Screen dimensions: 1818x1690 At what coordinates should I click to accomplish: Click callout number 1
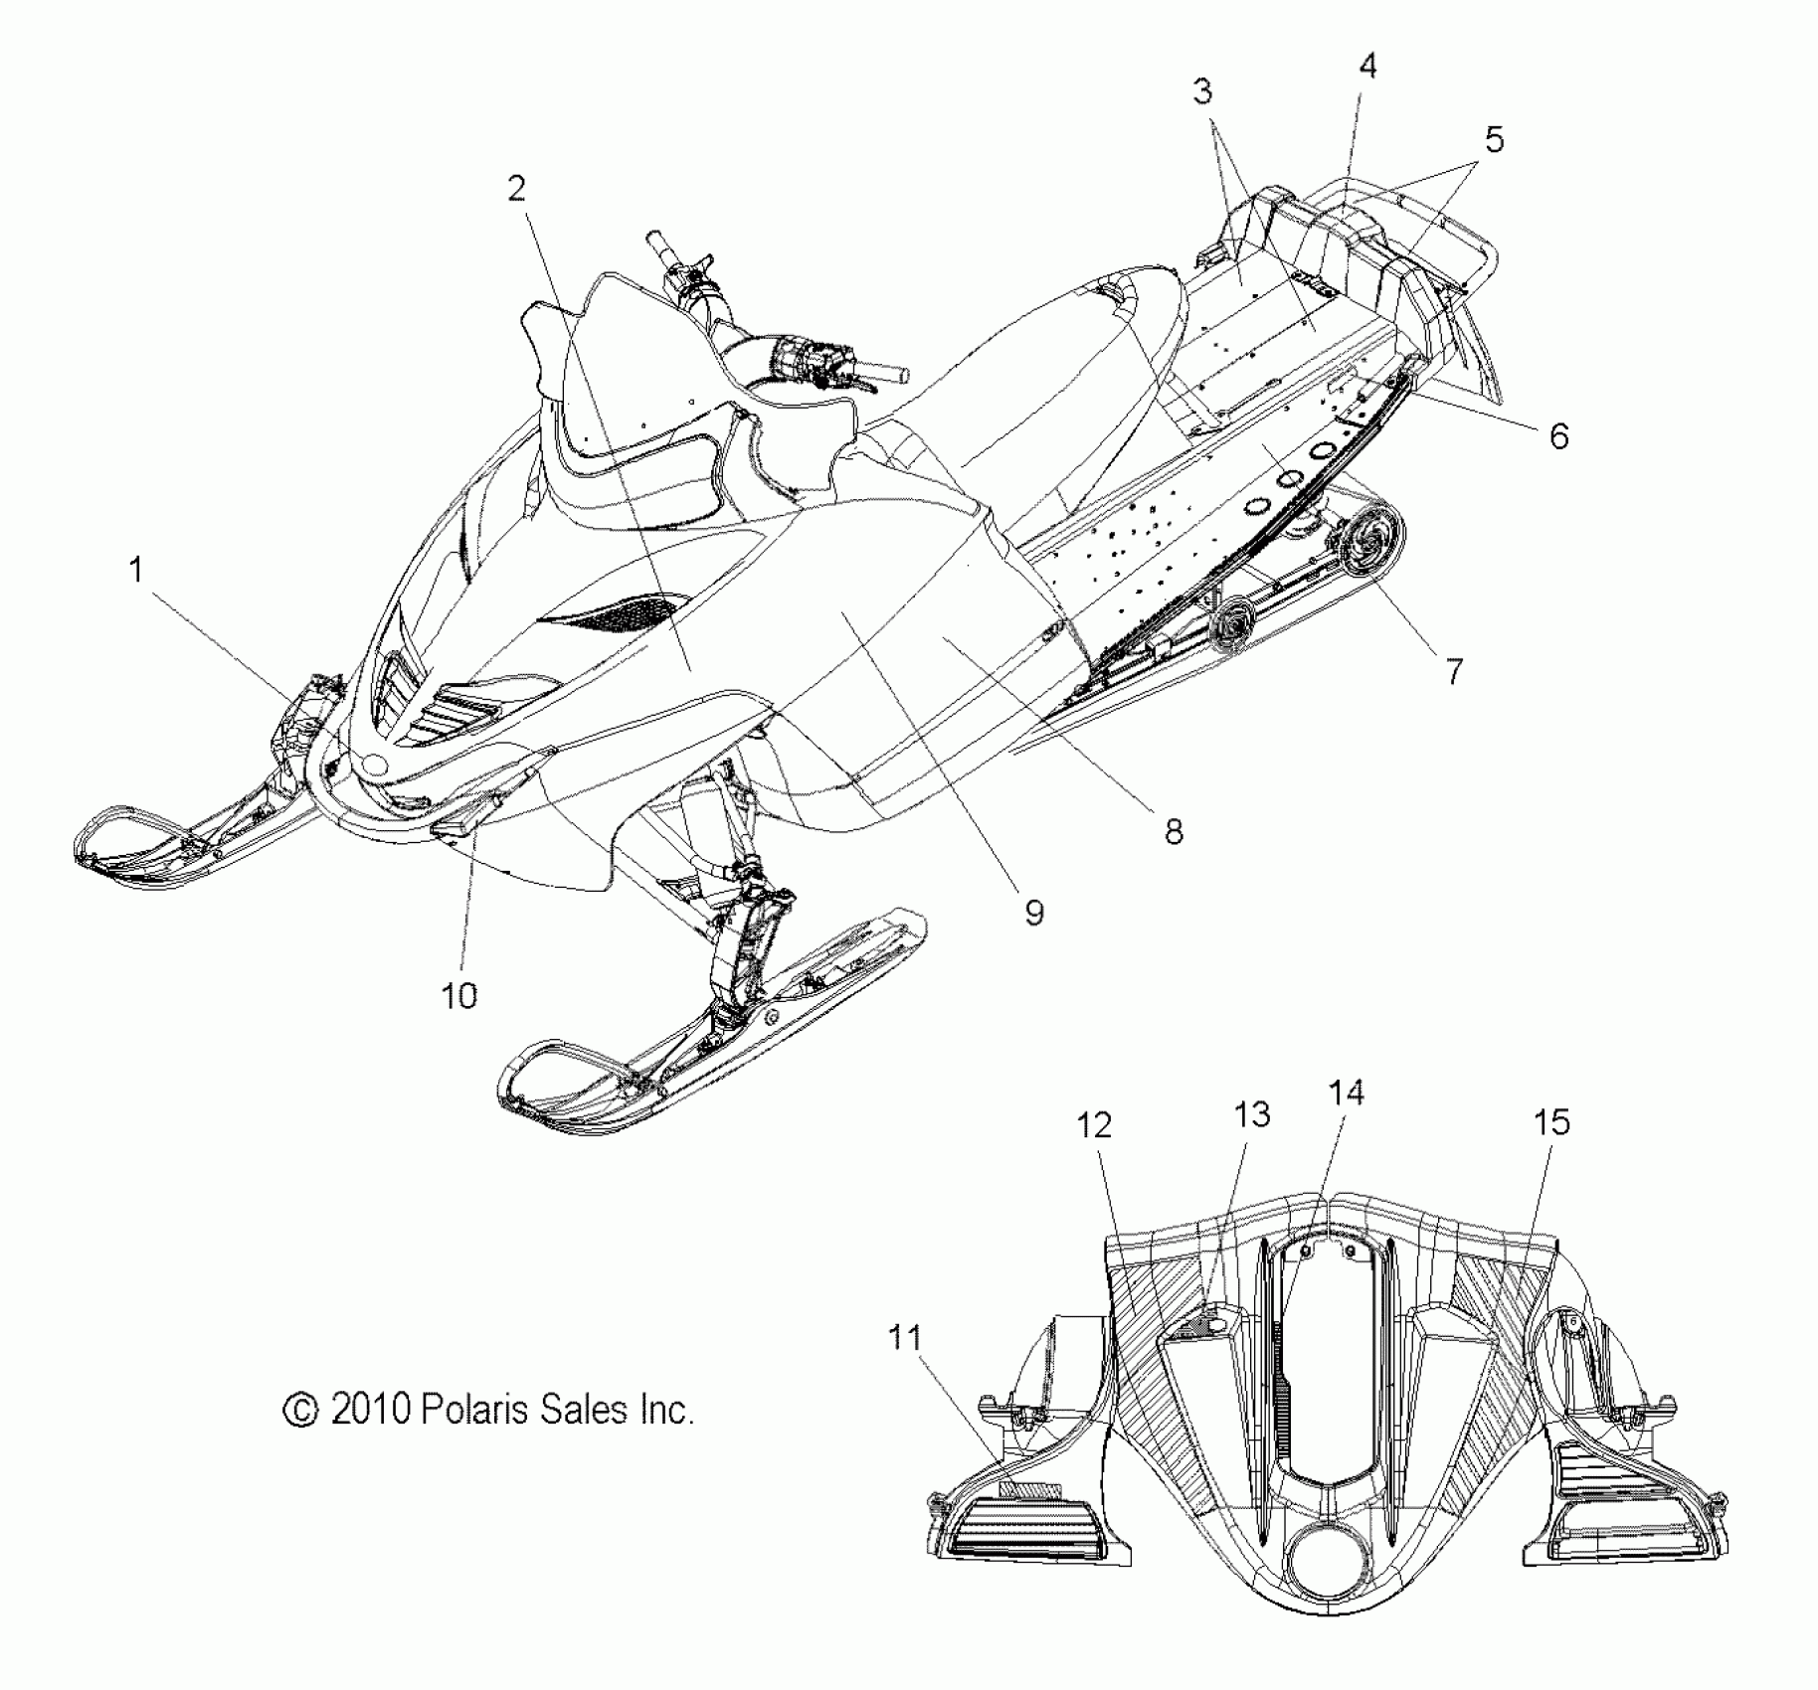136,571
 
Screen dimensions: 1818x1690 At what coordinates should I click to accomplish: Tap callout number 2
516,189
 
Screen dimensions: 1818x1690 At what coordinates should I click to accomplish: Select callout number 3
1202,92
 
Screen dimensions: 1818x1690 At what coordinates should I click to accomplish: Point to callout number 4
1367,67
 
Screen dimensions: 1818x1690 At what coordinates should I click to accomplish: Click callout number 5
1494,140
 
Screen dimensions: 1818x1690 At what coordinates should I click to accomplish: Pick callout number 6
1558,435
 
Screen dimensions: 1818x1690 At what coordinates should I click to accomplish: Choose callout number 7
1454,672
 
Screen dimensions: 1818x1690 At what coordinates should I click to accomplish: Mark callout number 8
1174,831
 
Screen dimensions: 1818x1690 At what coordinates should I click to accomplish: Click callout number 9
1034,913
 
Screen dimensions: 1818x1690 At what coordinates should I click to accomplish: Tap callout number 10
458,995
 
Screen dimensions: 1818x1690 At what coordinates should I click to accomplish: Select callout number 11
904,1338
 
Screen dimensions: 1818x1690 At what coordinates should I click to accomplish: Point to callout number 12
1093,1125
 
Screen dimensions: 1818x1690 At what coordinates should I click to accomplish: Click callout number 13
1251,1114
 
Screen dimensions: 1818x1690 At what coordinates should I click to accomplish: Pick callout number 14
1346,1093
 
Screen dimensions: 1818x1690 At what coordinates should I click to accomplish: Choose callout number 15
1551,1122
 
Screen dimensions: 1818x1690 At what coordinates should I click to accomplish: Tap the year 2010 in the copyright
370,1410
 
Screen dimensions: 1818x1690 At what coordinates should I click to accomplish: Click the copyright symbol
300,1411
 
